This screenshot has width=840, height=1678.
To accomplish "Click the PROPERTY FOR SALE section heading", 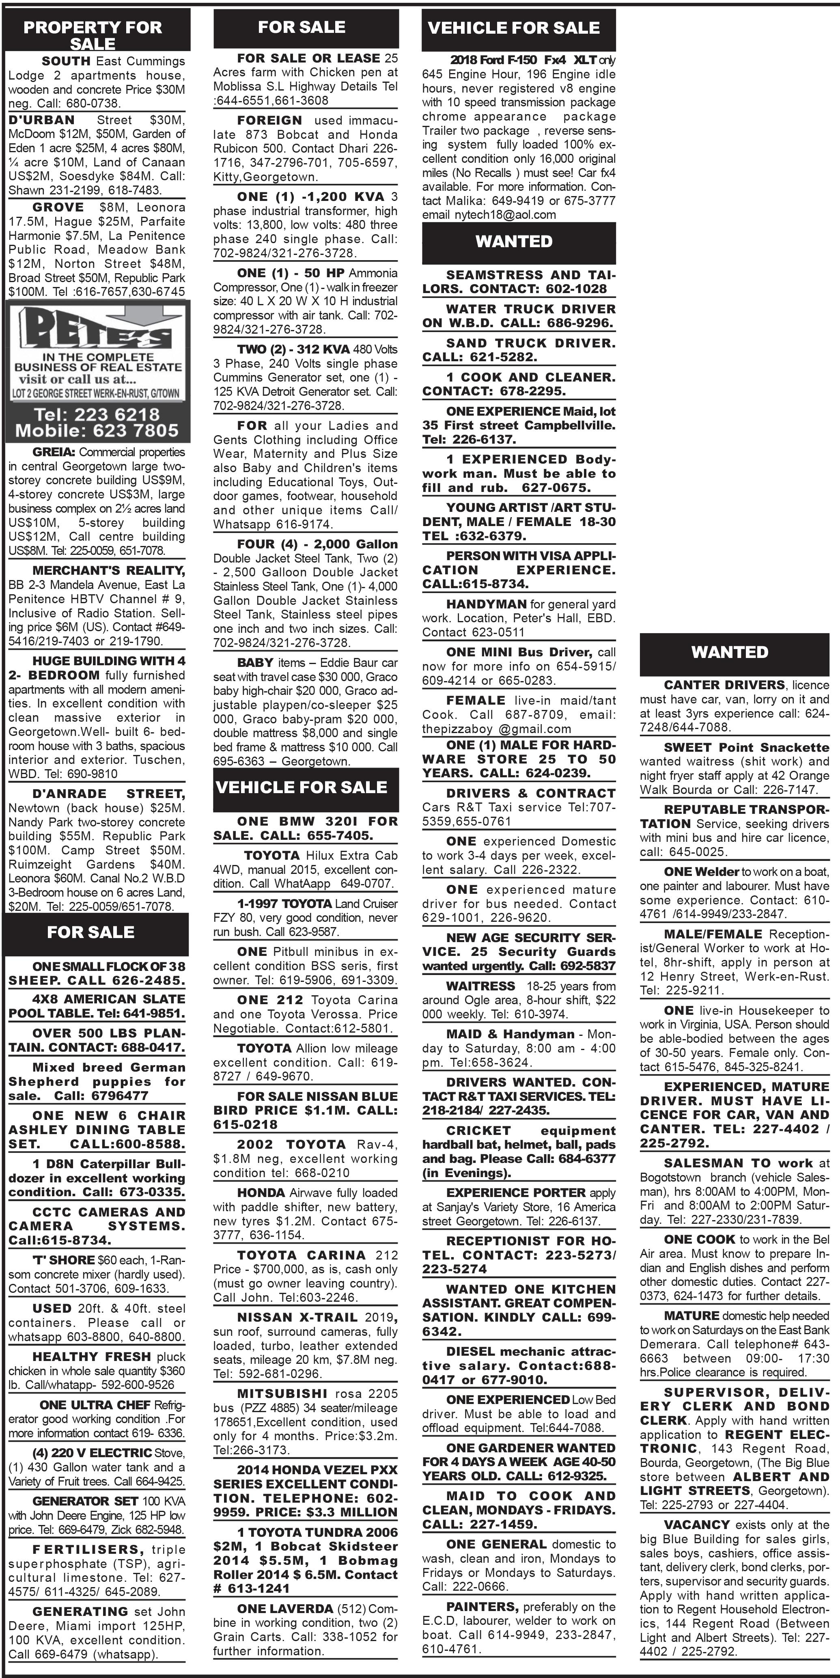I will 93,35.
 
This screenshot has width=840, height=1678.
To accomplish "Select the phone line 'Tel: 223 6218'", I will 96,414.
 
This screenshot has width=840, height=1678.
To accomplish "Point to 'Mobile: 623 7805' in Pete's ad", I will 96,431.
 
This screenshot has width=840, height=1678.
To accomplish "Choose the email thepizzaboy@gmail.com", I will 496,729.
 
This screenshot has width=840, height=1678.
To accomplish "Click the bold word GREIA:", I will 54,452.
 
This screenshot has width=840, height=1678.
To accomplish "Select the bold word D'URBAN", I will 42,120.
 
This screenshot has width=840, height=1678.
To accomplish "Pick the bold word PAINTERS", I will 482,1607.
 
